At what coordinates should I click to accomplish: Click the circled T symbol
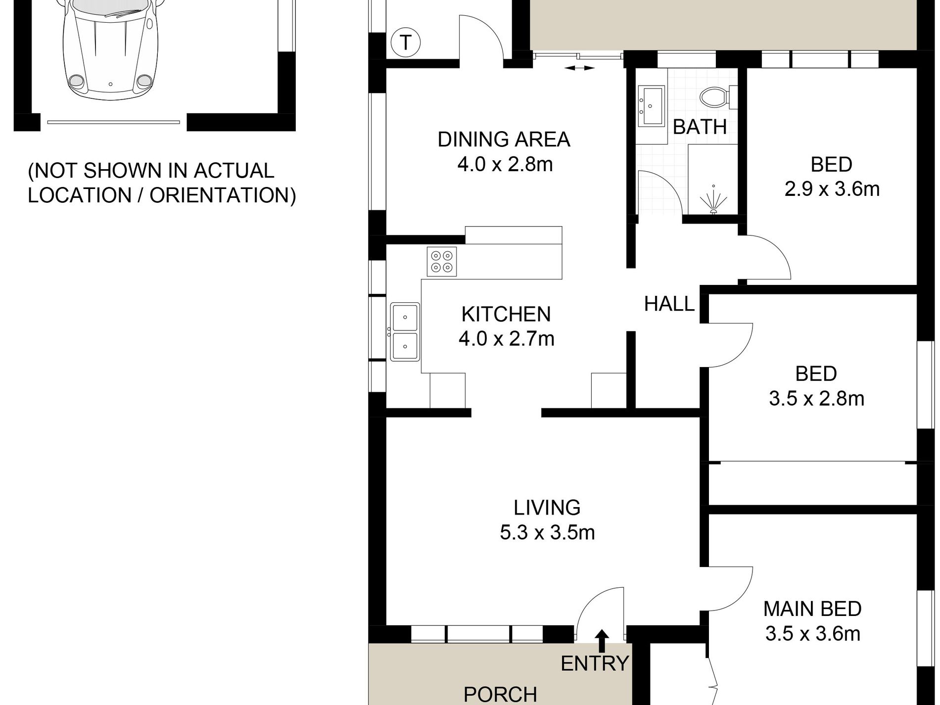pyautogui.click(x=405, y=43)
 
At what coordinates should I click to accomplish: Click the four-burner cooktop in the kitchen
pyautogui.click(x=442, y=261)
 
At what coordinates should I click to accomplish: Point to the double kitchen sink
pyautogui.click(x=405, y=332)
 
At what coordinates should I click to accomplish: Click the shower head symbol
pyautogui.click(x=713, y=200)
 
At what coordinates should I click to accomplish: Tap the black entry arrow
pyautogui.click(x=602, y=641)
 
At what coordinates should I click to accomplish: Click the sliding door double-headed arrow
pyautogui.click(x=579, y=68)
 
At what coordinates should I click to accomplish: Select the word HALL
pyautogui.click(x=669, y=304)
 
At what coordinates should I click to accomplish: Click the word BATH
pyautogui.click(x=700, y=127)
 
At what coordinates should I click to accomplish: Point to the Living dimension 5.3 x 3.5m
pyautogui.click(x=547, y=533)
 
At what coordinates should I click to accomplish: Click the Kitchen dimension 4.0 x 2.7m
pyautogui.click(x=506, y=339)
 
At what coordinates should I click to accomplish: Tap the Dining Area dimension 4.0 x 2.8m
pyautogui.click(x=505, y=164)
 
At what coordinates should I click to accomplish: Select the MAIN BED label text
pyautogui.click(x=812, y=609)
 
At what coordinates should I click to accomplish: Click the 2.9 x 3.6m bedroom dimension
pyautogui.click(x=832, y=189)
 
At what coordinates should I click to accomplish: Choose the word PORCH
pyautogui.click(x=500, y=695)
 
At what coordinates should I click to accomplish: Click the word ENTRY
pyautogui.click(x=595, y=663)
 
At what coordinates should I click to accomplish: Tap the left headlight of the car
pyautogui.click(x=76, y=81)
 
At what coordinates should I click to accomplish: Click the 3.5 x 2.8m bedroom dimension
pyautogui.click(x=816, y=398)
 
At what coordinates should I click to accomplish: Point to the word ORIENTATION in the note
pyautogui.click(x=218, y=195)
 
